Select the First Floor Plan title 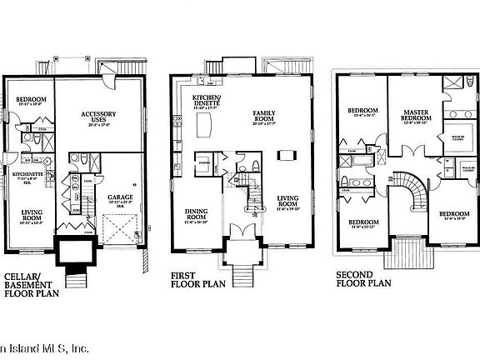point(199,277)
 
